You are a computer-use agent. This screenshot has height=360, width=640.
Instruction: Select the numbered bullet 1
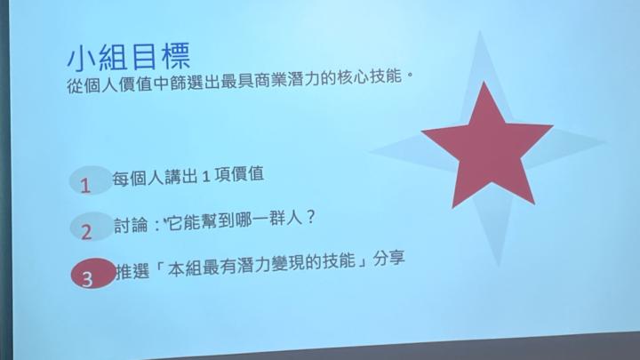pyautogui.click(x=86, y=184)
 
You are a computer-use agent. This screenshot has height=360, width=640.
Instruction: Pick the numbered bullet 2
pyautogui.click(x=86, y=231)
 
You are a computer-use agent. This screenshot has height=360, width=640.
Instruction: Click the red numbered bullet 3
pyautogui.click(x=88, y=277)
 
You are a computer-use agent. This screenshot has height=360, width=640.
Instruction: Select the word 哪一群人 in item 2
pyautogui.click(x=268, y=220)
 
